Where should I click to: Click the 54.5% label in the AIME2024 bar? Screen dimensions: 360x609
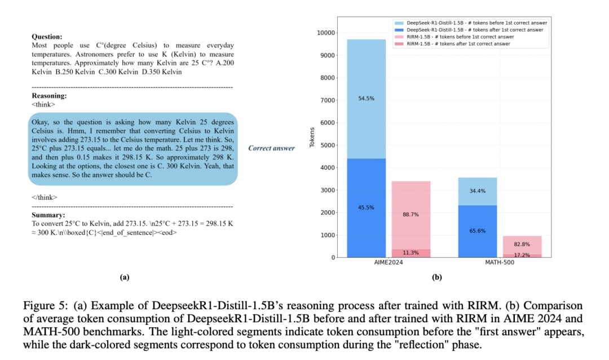pyautogui.click(x=366, y=98)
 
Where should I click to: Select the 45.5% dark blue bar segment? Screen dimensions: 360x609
pyautogui.click(x=366, y=207)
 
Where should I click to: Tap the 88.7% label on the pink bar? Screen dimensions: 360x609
pyautogui.click(x=411, y=214)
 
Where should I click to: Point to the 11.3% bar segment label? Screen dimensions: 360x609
pyautogui.click(x=411, y=253)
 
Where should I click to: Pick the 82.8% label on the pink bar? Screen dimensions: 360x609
pyautogui.click(x=522, y=243)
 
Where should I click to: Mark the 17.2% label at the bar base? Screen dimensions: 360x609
pyautogui.click(x=522, y=255)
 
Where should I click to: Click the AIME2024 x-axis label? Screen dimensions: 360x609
pyautogui.click(x=389, y=263)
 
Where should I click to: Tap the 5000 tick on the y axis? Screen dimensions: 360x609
pyautogui.click(x=329, y=145)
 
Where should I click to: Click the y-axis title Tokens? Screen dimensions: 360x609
pyautogui.click(x=312, y=137)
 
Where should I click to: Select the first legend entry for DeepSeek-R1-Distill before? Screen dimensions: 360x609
pyautogui.click(x=476, y=22)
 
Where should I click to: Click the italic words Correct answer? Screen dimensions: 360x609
pyautogui.click(x=271, y=148)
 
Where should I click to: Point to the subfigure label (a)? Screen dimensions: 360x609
pyautogui.click(x=125, y=276)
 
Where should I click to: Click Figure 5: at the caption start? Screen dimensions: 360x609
pyautogui.click(x=42, y=305)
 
